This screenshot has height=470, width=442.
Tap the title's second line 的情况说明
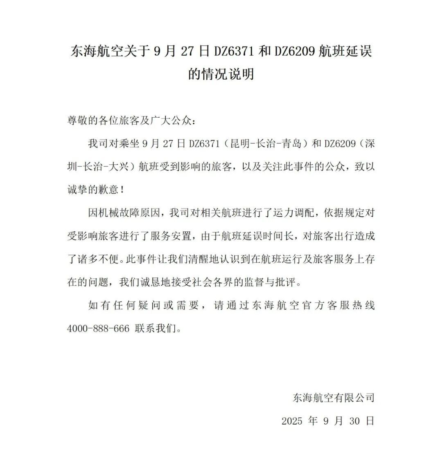221,74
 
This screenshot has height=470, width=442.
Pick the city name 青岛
291,144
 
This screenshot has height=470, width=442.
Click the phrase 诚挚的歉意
92,190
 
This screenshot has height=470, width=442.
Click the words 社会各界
212,282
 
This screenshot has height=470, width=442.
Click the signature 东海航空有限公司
334,398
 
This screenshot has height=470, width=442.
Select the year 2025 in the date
292,421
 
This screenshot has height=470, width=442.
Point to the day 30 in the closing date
354,421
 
